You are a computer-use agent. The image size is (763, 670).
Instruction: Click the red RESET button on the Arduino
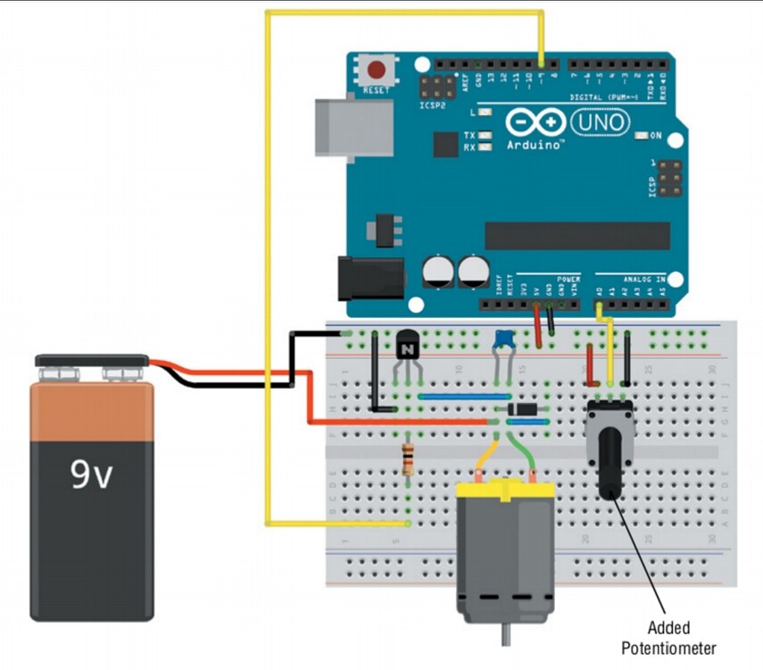(377, 69)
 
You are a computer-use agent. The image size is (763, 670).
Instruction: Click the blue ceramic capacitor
(502, 338)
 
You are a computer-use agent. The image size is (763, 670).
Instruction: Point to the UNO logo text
(600, 121)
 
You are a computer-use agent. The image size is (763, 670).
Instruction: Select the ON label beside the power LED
(656, 136)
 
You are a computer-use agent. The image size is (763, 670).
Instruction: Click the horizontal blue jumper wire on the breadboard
(463, 394)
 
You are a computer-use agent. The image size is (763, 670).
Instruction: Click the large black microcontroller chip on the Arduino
(576, 236)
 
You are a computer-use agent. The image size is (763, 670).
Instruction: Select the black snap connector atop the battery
(92, 364)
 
